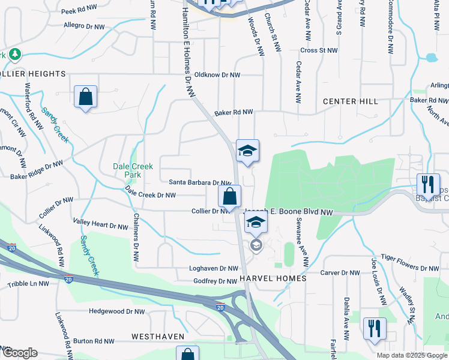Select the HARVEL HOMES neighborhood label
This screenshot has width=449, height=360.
tap(273, 279)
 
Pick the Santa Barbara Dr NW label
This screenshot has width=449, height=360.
tap(199, 182)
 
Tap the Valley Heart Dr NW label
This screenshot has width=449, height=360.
tap(100, 226)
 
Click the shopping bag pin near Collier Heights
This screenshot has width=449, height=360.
tap(85, 96)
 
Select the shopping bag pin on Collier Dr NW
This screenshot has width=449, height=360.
tap(229, 196)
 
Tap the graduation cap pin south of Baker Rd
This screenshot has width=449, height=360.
tap(247, 151)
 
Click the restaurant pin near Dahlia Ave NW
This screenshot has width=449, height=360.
tap(375, 328)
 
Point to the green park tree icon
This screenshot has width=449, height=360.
tap(14, 55)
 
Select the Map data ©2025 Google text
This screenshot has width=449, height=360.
tap(412, 355)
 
